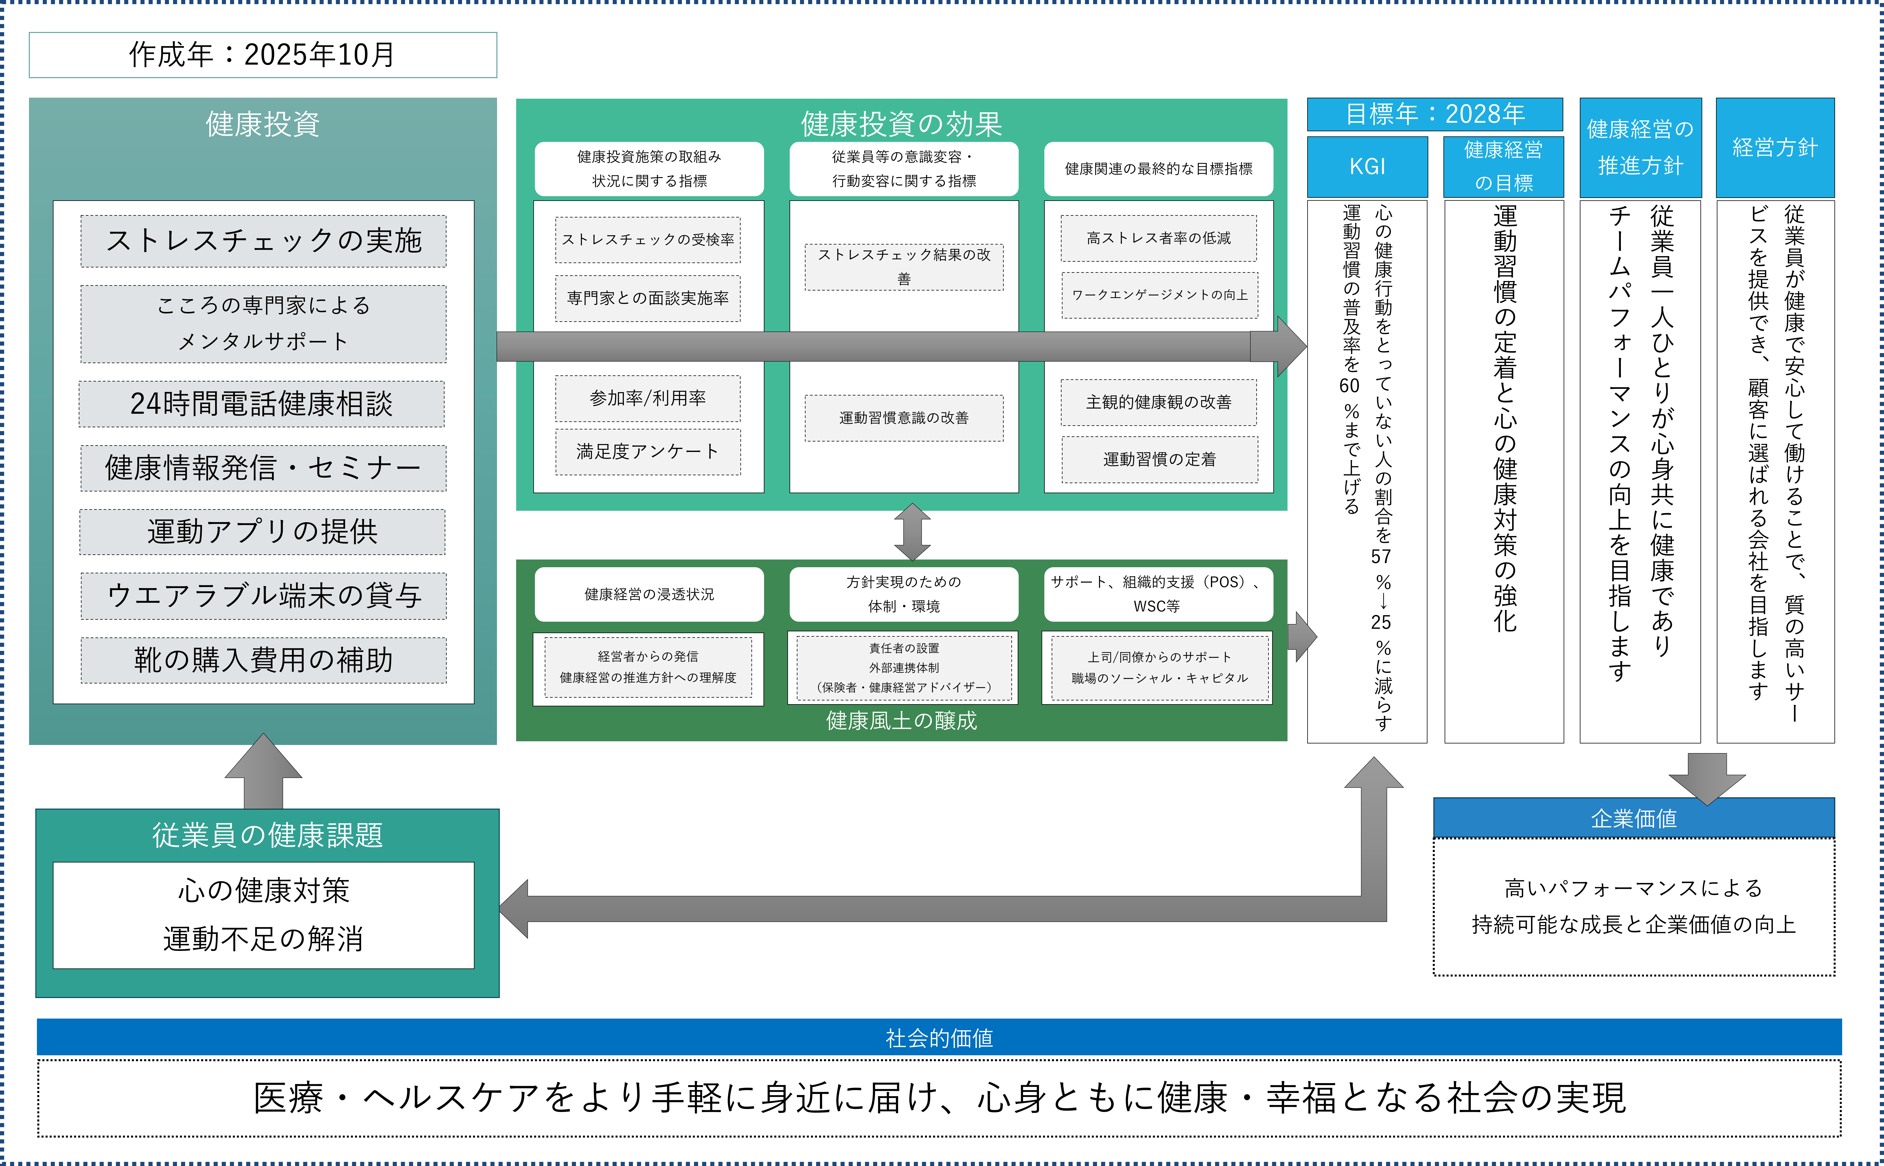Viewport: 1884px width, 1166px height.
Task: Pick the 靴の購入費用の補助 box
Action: [263, 660]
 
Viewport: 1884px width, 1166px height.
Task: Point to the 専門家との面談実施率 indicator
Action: [648, 298]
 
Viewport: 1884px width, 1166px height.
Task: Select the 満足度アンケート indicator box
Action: [648, 452]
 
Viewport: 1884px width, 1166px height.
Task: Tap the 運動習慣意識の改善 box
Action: [904, 418]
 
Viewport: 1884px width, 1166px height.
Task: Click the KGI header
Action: [1367, 167]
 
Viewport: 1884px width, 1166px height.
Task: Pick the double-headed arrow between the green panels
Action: [912, 532]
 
